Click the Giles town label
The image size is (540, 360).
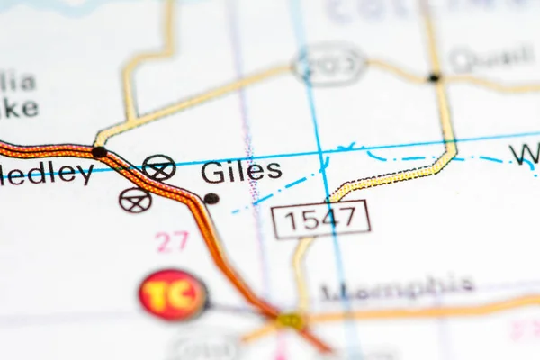click(241, 172)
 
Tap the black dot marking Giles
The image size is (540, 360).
click(211, 198)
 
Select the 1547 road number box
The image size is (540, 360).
click(320, 220)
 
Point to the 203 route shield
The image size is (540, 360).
click(329, 64)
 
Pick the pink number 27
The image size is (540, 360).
click(171, 241)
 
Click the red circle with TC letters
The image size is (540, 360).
click(173, 295)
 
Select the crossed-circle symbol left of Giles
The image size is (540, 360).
click(159, 167)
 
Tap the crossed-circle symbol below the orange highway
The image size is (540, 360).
click(135, 200)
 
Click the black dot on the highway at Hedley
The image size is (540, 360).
click(98, 152)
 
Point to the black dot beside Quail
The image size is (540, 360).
click(434, 78)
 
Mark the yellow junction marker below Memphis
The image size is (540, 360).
click(290, 320)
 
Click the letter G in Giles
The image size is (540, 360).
click(212, 172)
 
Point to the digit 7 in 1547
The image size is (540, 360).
click(355, 220)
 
